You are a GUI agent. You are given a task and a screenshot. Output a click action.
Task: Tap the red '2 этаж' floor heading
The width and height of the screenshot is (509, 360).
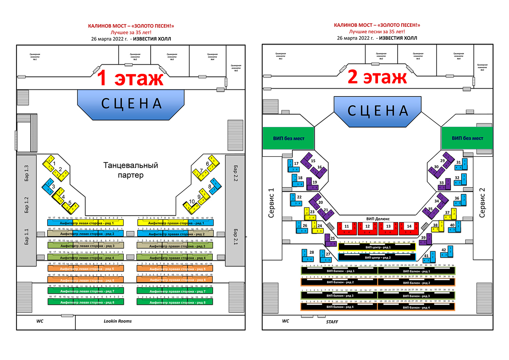[x=377, y=77]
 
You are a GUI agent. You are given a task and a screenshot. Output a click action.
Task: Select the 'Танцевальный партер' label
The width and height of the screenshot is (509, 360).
[x=131, y=170]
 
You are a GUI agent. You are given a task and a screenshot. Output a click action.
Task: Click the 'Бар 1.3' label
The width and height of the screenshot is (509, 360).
[x=26, y=173]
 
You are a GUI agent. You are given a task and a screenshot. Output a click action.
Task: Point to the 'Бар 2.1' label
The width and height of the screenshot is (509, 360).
[x=235, y=237]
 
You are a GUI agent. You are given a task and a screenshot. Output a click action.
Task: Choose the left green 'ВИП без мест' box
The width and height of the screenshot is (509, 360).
[x=288, y=138]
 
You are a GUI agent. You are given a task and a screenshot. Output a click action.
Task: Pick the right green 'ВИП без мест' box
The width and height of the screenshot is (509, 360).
[x=467, y=138]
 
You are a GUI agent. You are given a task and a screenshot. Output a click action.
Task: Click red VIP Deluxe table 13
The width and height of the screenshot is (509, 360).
[x=388, y=228]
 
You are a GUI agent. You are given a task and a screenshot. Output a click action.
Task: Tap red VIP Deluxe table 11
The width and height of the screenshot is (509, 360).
[x=346, y=228]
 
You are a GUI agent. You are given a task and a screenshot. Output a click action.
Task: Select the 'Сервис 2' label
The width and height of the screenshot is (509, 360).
[x=482, y=203]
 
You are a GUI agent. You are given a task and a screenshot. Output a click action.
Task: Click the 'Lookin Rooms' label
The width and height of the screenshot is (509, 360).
[x=117, y=321]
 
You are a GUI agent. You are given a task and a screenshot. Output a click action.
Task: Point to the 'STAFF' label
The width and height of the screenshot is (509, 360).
[x=332, y=322]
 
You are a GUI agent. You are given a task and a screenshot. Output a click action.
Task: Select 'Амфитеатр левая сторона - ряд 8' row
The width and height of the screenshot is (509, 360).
[x=86, y=302]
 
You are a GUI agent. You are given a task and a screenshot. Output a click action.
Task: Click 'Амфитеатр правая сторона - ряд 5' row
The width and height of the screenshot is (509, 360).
[x=175, y=269]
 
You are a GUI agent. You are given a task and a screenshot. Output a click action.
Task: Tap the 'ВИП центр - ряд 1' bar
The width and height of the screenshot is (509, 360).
[x=377, y=247]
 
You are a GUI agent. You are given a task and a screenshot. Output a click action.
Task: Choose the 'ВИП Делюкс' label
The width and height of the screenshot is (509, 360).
[x=378, y=219]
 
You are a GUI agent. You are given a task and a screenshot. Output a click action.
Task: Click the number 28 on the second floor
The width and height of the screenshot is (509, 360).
[x=312, y=252]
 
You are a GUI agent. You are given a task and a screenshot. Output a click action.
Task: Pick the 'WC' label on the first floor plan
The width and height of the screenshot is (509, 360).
[x=40, y=321]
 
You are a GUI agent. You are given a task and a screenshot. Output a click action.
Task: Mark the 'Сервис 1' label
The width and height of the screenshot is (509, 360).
[x=271, y=203]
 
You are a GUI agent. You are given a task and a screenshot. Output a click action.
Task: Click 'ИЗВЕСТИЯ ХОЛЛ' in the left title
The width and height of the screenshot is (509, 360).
[x=152, y=39]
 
